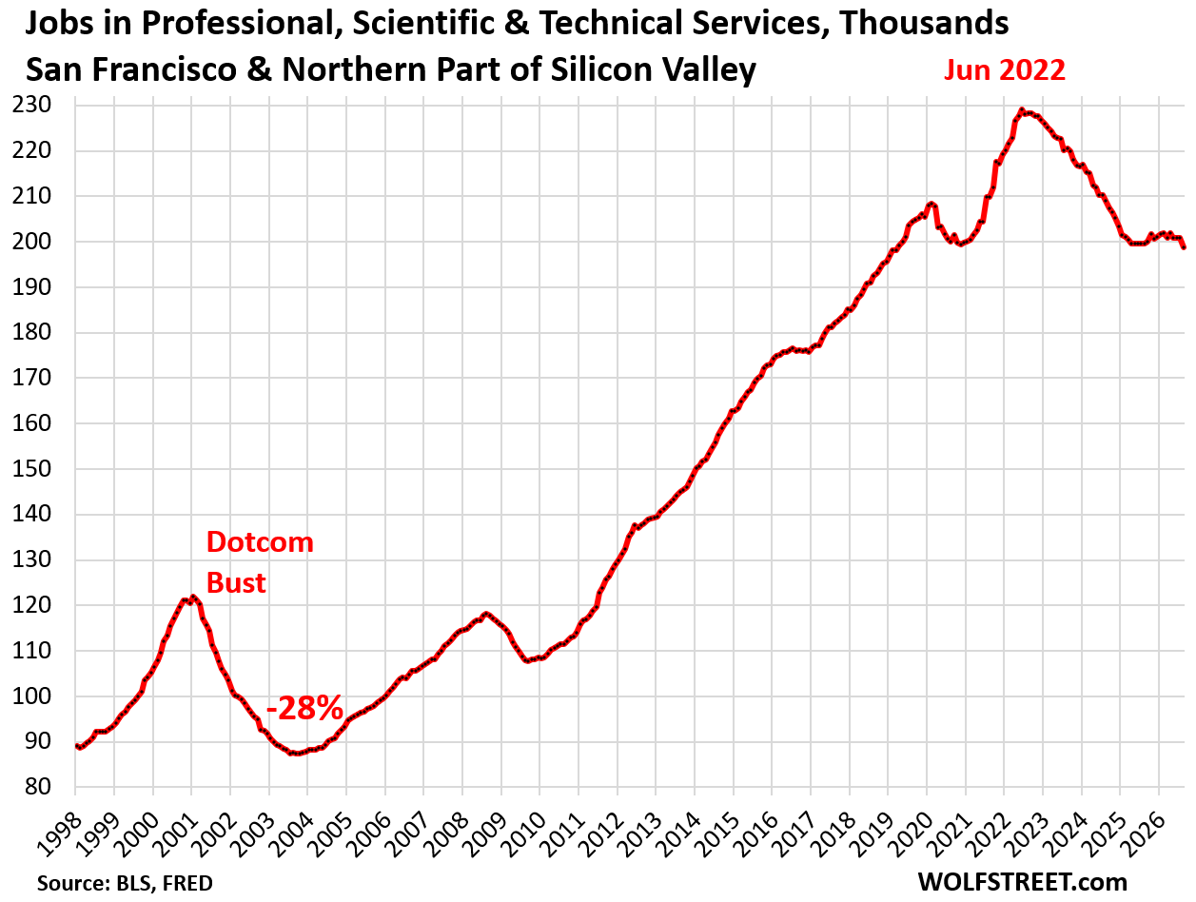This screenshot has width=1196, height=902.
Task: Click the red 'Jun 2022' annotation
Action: point(1004,70)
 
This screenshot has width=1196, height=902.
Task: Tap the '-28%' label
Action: point(304,708)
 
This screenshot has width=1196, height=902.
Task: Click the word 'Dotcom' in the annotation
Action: point(260,542)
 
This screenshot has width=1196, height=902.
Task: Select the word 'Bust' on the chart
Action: point(236,583)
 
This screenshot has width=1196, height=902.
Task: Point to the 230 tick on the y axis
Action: point(31,105)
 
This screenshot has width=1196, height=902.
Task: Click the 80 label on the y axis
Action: point(38,787)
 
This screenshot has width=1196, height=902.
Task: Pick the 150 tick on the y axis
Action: point(31,468)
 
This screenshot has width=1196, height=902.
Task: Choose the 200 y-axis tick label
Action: point(31,242)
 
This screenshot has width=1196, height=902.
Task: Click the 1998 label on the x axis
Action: point(61,836)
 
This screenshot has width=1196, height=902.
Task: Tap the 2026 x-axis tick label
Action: point(1145,836)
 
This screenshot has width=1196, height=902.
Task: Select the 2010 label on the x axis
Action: point(524,836)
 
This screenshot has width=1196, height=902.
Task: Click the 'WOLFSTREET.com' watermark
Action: point(1023,882)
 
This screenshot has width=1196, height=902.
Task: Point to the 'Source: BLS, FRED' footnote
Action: point(125,883)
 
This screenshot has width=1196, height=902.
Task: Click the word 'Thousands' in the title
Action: point(924,23)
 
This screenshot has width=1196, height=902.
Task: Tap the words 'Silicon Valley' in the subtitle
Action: point(653,69)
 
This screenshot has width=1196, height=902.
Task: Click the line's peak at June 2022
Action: point(1021,109)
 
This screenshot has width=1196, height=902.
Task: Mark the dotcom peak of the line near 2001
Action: point(192,597)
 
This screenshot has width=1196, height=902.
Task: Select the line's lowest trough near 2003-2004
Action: point(296,754)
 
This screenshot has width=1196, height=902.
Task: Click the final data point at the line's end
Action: point(1184,247)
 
